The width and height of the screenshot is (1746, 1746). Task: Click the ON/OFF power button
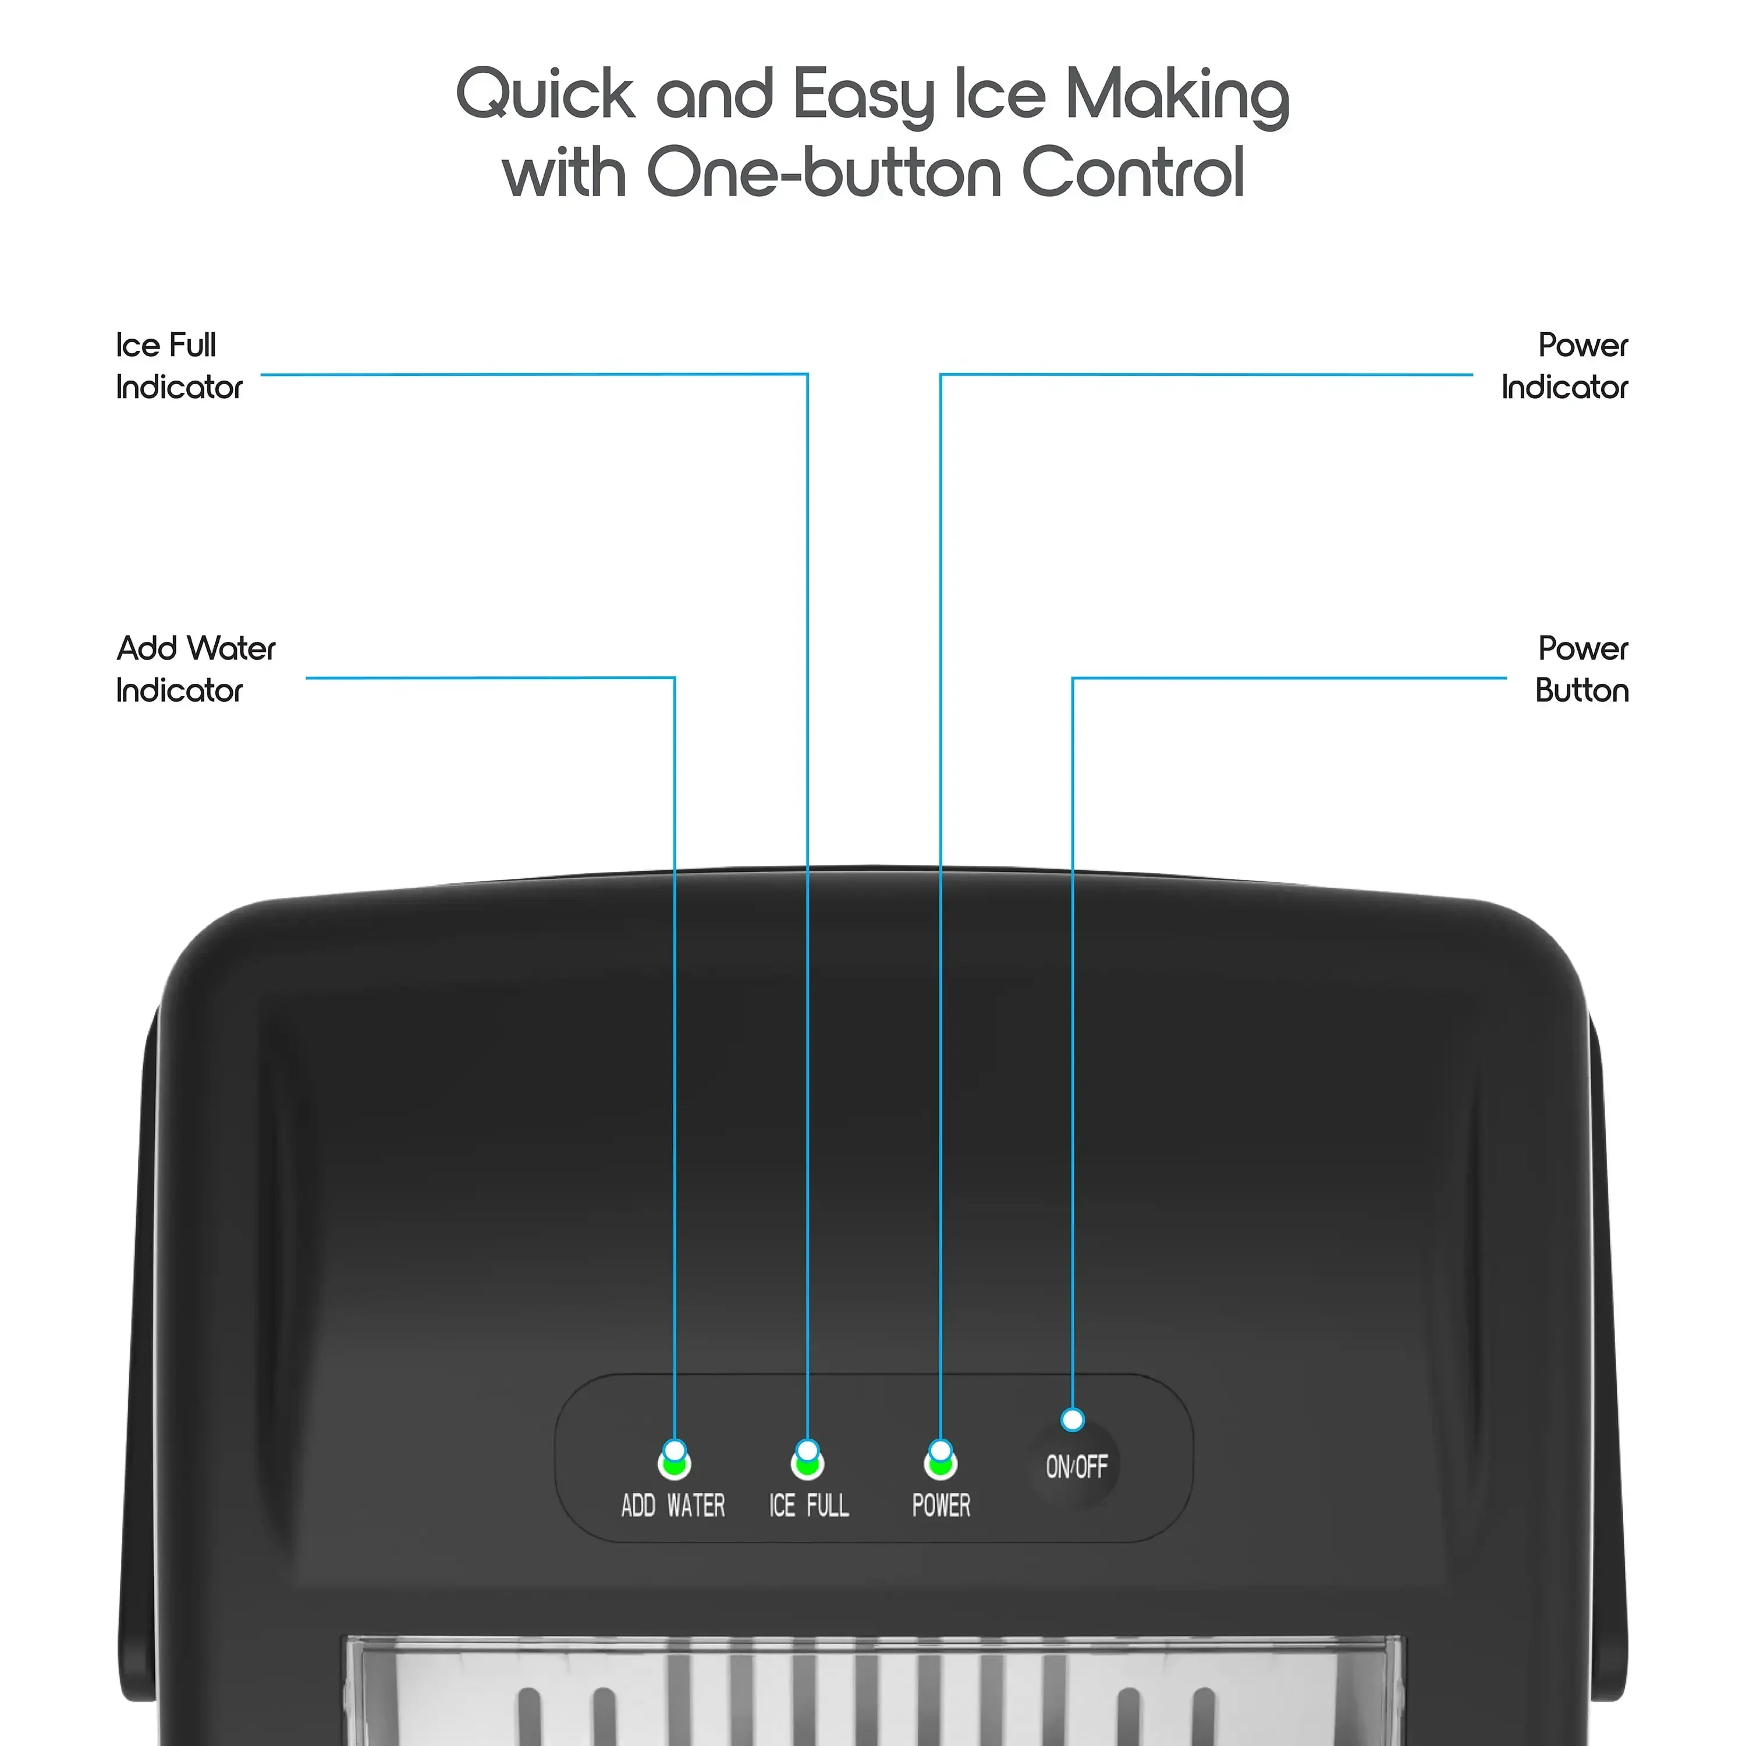(1076, 1466)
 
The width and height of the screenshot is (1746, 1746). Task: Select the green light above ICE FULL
(807, 1464)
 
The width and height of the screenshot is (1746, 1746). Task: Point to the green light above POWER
(940, 1464)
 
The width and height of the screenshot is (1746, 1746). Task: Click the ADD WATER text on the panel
(673, 1506)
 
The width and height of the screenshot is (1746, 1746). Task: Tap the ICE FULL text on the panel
(809, 1506)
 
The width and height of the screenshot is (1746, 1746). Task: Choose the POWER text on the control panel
(941, 1506)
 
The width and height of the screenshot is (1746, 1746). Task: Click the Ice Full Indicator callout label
(179, 366)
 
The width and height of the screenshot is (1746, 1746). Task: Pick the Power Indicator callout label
(1564, 366)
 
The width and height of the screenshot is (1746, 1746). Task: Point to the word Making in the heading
(1177, 96)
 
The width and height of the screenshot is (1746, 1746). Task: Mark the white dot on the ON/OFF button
(1073, 1419)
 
